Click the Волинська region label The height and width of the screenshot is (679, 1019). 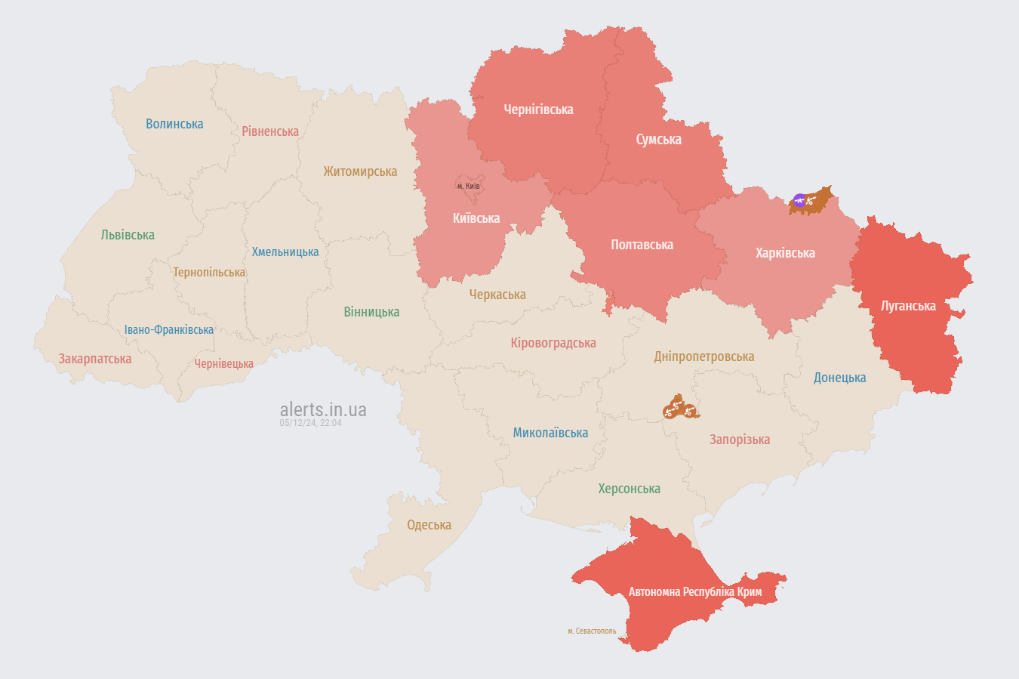point(174,124)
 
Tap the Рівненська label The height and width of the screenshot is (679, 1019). point(270,131)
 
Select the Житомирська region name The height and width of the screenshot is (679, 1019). point(360,171)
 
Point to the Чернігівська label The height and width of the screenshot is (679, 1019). point(538,110)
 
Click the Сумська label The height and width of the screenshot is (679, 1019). point(658,140)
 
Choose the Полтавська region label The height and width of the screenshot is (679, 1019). point(642,245)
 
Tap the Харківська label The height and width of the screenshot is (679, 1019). point(785,253)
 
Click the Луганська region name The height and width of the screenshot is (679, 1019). point(908,306)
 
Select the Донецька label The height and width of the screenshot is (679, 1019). point(839,378)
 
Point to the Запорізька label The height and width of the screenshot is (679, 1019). point(740,440)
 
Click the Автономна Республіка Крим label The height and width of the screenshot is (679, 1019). point(695,591)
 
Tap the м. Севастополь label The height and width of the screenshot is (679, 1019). point(592,631)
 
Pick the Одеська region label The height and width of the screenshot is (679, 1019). point(429,525)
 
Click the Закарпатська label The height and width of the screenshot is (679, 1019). point(95,359)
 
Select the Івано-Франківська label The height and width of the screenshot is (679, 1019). point(169,330)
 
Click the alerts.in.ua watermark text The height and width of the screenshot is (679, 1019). point(323,409)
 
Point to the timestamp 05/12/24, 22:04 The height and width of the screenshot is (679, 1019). point(310,423)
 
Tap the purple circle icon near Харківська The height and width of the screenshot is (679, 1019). point(799,200)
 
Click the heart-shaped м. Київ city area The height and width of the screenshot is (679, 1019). point(468,189)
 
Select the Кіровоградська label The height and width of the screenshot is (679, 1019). point(553,343)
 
